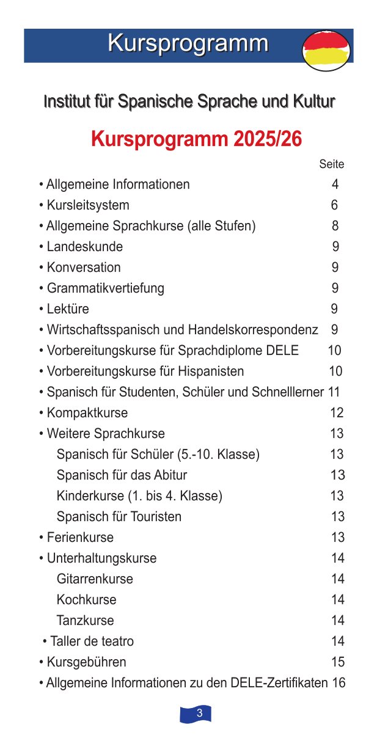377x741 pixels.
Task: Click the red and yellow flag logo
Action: (x=326, y=51)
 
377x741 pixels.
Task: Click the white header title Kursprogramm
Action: (x=188, y=43)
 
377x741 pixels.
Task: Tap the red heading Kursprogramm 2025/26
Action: (x=196, y=139)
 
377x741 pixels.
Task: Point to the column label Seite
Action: (x=331, y=164)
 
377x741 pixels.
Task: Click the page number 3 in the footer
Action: (x=199, y=714)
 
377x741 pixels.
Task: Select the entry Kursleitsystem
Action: (x=88, y=205)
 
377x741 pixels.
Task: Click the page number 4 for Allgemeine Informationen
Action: (x=335, y=184)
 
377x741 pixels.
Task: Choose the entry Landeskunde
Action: (x=85, y=247)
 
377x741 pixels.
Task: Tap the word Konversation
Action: (x=84, y=268)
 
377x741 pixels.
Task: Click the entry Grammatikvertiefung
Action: (x=106, y=288)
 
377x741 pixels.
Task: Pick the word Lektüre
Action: (x=68, y=309)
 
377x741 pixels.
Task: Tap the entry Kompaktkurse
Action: (x=87, y=413)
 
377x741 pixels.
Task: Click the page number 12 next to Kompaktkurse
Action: (x=337, y=413)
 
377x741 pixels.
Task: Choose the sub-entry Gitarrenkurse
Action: (x=95, y=579)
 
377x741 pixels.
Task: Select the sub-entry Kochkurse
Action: (x=86, y=600)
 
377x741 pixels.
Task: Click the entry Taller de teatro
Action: (x=92, y=641)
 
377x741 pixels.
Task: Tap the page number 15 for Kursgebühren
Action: (x=338, y=662)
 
